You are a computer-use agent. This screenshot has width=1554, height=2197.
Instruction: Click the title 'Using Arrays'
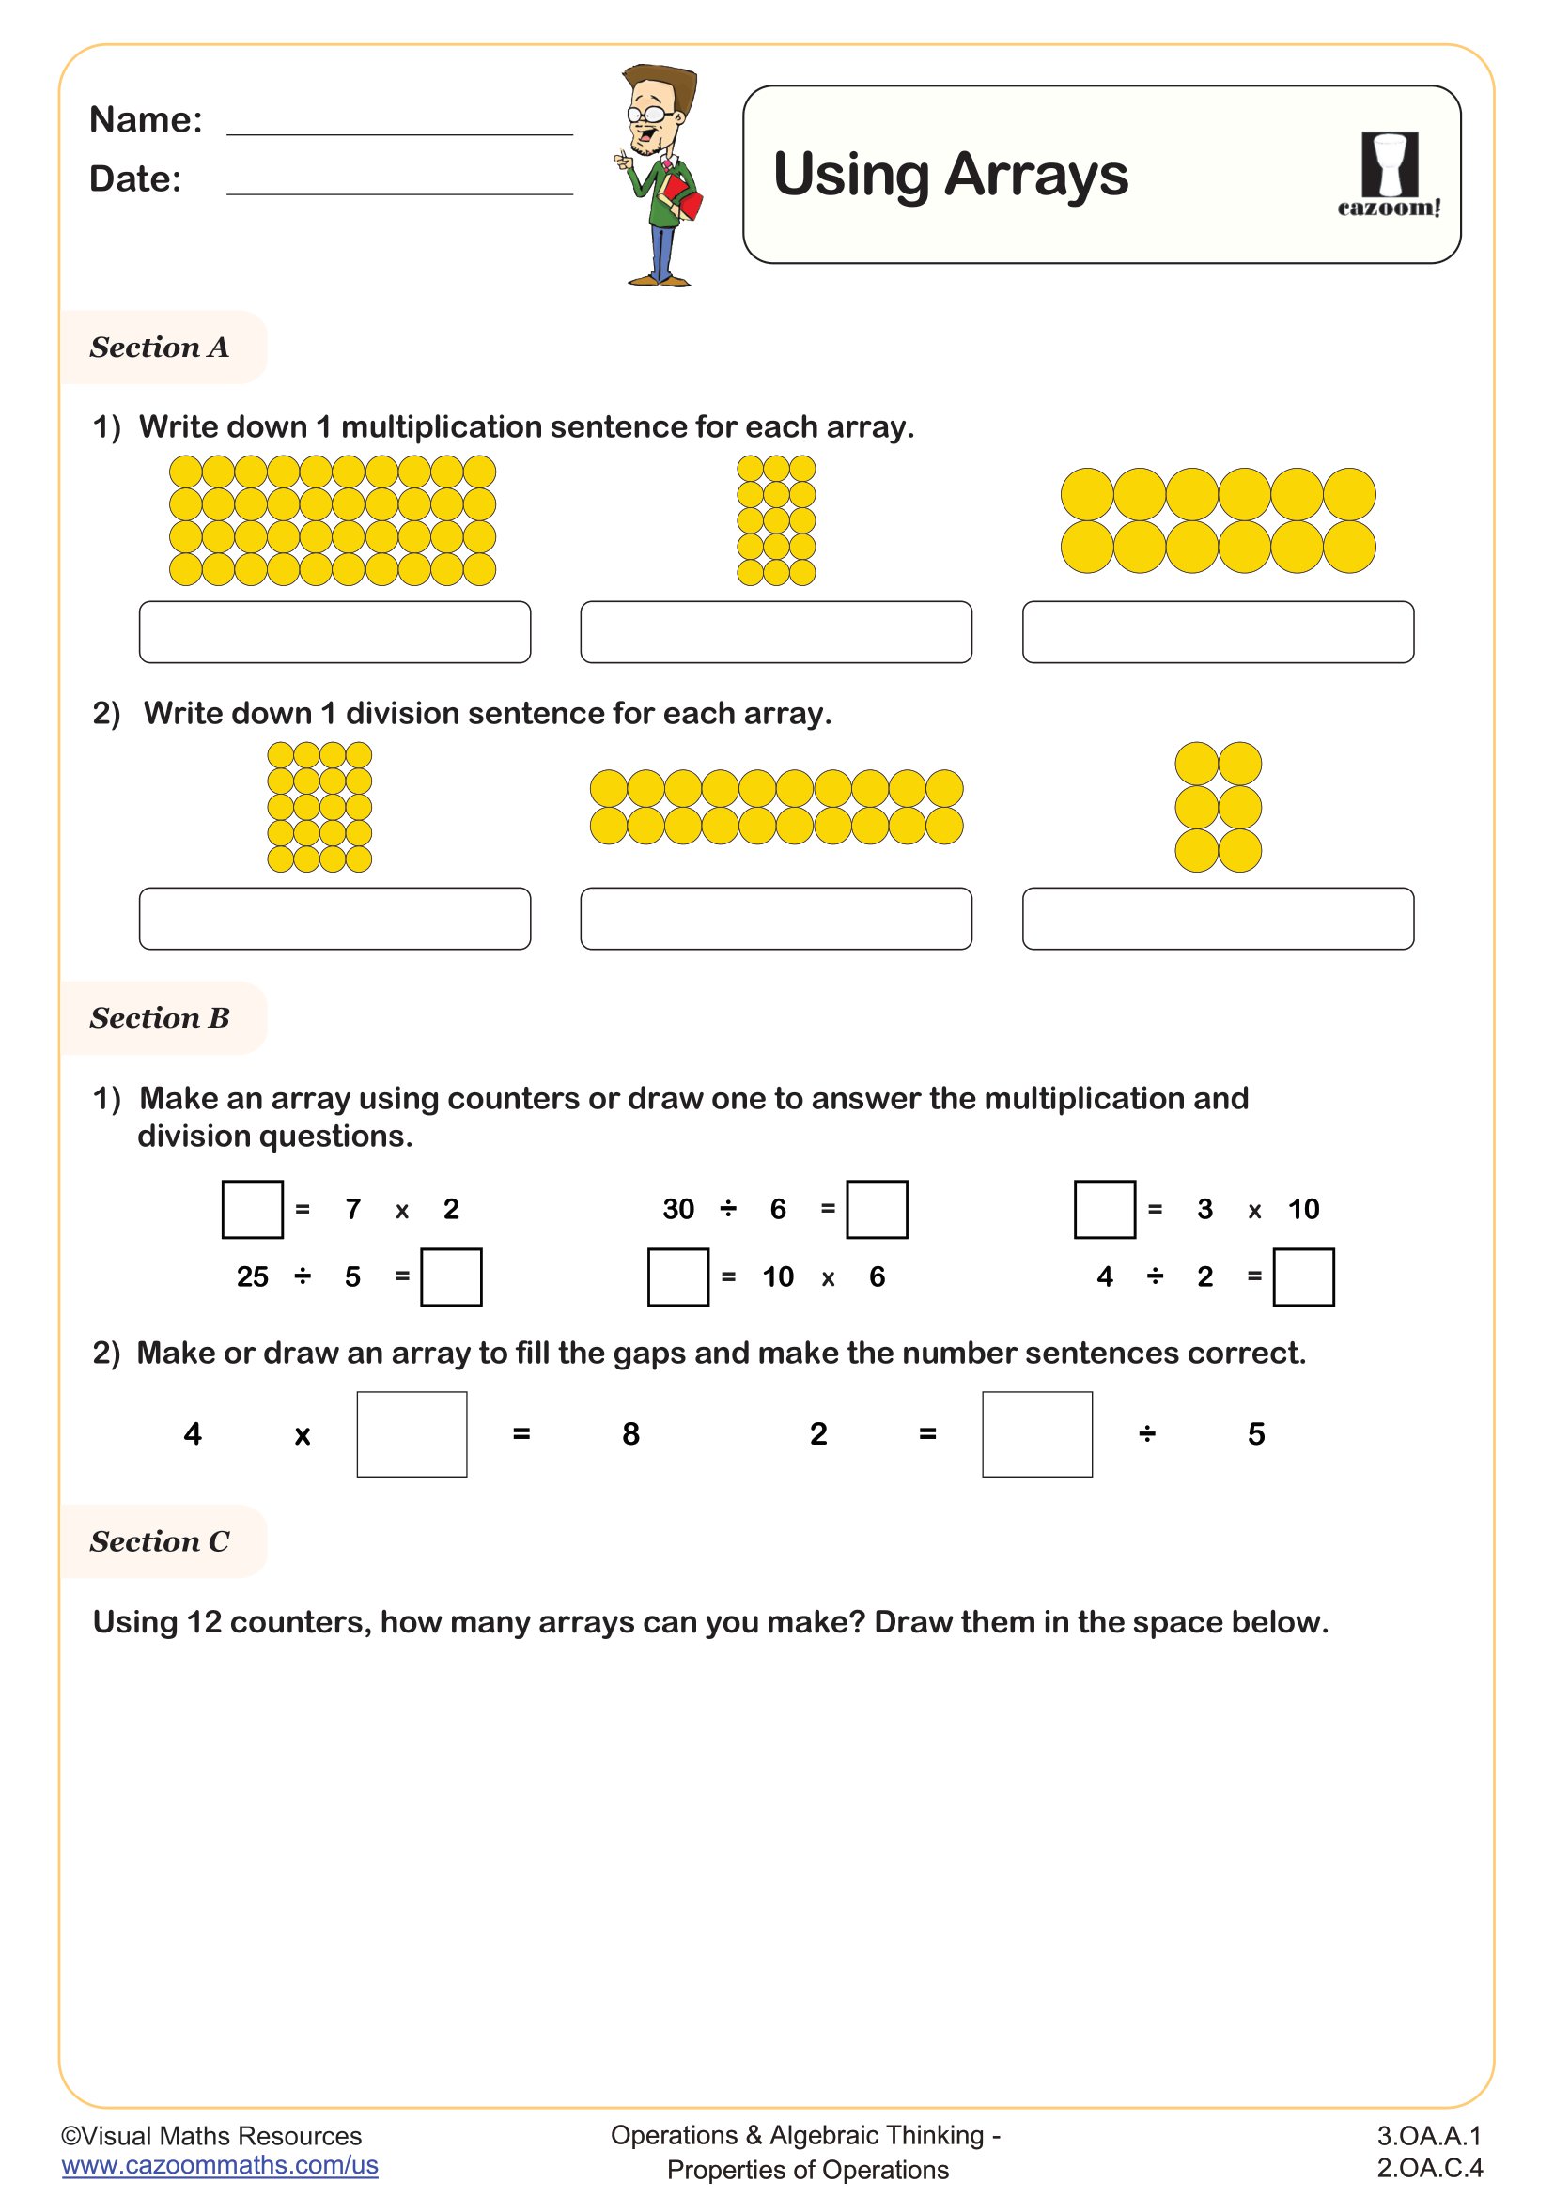[950, 175]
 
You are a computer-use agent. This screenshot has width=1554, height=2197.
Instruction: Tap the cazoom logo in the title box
[1389, 175]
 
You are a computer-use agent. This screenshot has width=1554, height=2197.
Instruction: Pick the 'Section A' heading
[160, 348]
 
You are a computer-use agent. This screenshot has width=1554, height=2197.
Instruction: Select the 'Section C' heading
[160, 1541]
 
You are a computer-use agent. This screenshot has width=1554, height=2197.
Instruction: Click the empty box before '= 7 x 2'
[253, 1210]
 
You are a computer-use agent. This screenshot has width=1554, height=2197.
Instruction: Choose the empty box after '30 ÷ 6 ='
[877, 1210]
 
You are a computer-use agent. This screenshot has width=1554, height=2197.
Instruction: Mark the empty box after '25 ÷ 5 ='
[452, 1276]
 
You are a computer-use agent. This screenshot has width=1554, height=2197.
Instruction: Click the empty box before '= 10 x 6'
[678, 1276]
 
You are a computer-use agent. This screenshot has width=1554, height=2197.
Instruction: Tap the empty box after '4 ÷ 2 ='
[1303, 1276]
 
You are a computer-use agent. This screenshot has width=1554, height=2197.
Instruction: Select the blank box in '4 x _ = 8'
[412, 1433]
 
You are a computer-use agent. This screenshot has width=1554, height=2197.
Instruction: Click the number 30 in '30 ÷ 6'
[678, 1210]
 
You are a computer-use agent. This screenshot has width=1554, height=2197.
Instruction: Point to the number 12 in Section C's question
[204, 1623]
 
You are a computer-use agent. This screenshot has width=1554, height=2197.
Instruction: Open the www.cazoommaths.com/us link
[220, 2165]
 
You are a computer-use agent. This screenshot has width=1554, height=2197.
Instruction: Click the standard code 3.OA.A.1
[1429, 2136]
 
